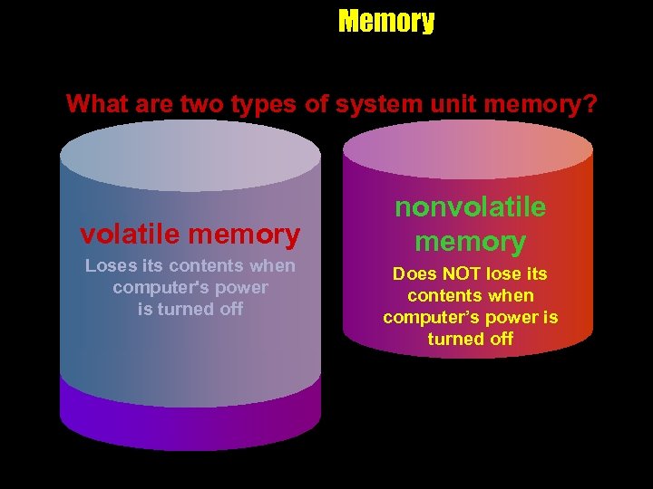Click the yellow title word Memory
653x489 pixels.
point(386,21)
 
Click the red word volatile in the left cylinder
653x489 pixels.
point(132,235)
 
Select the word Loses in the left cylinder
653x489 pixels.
point(111,266)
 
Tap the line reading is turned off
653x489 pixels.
point(190,309)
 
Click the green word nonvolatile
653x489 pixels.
point(470,207)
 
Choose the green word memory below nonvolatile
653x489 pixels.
point(470,242)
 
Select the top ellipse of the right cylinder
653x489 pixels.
point(468,149)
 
